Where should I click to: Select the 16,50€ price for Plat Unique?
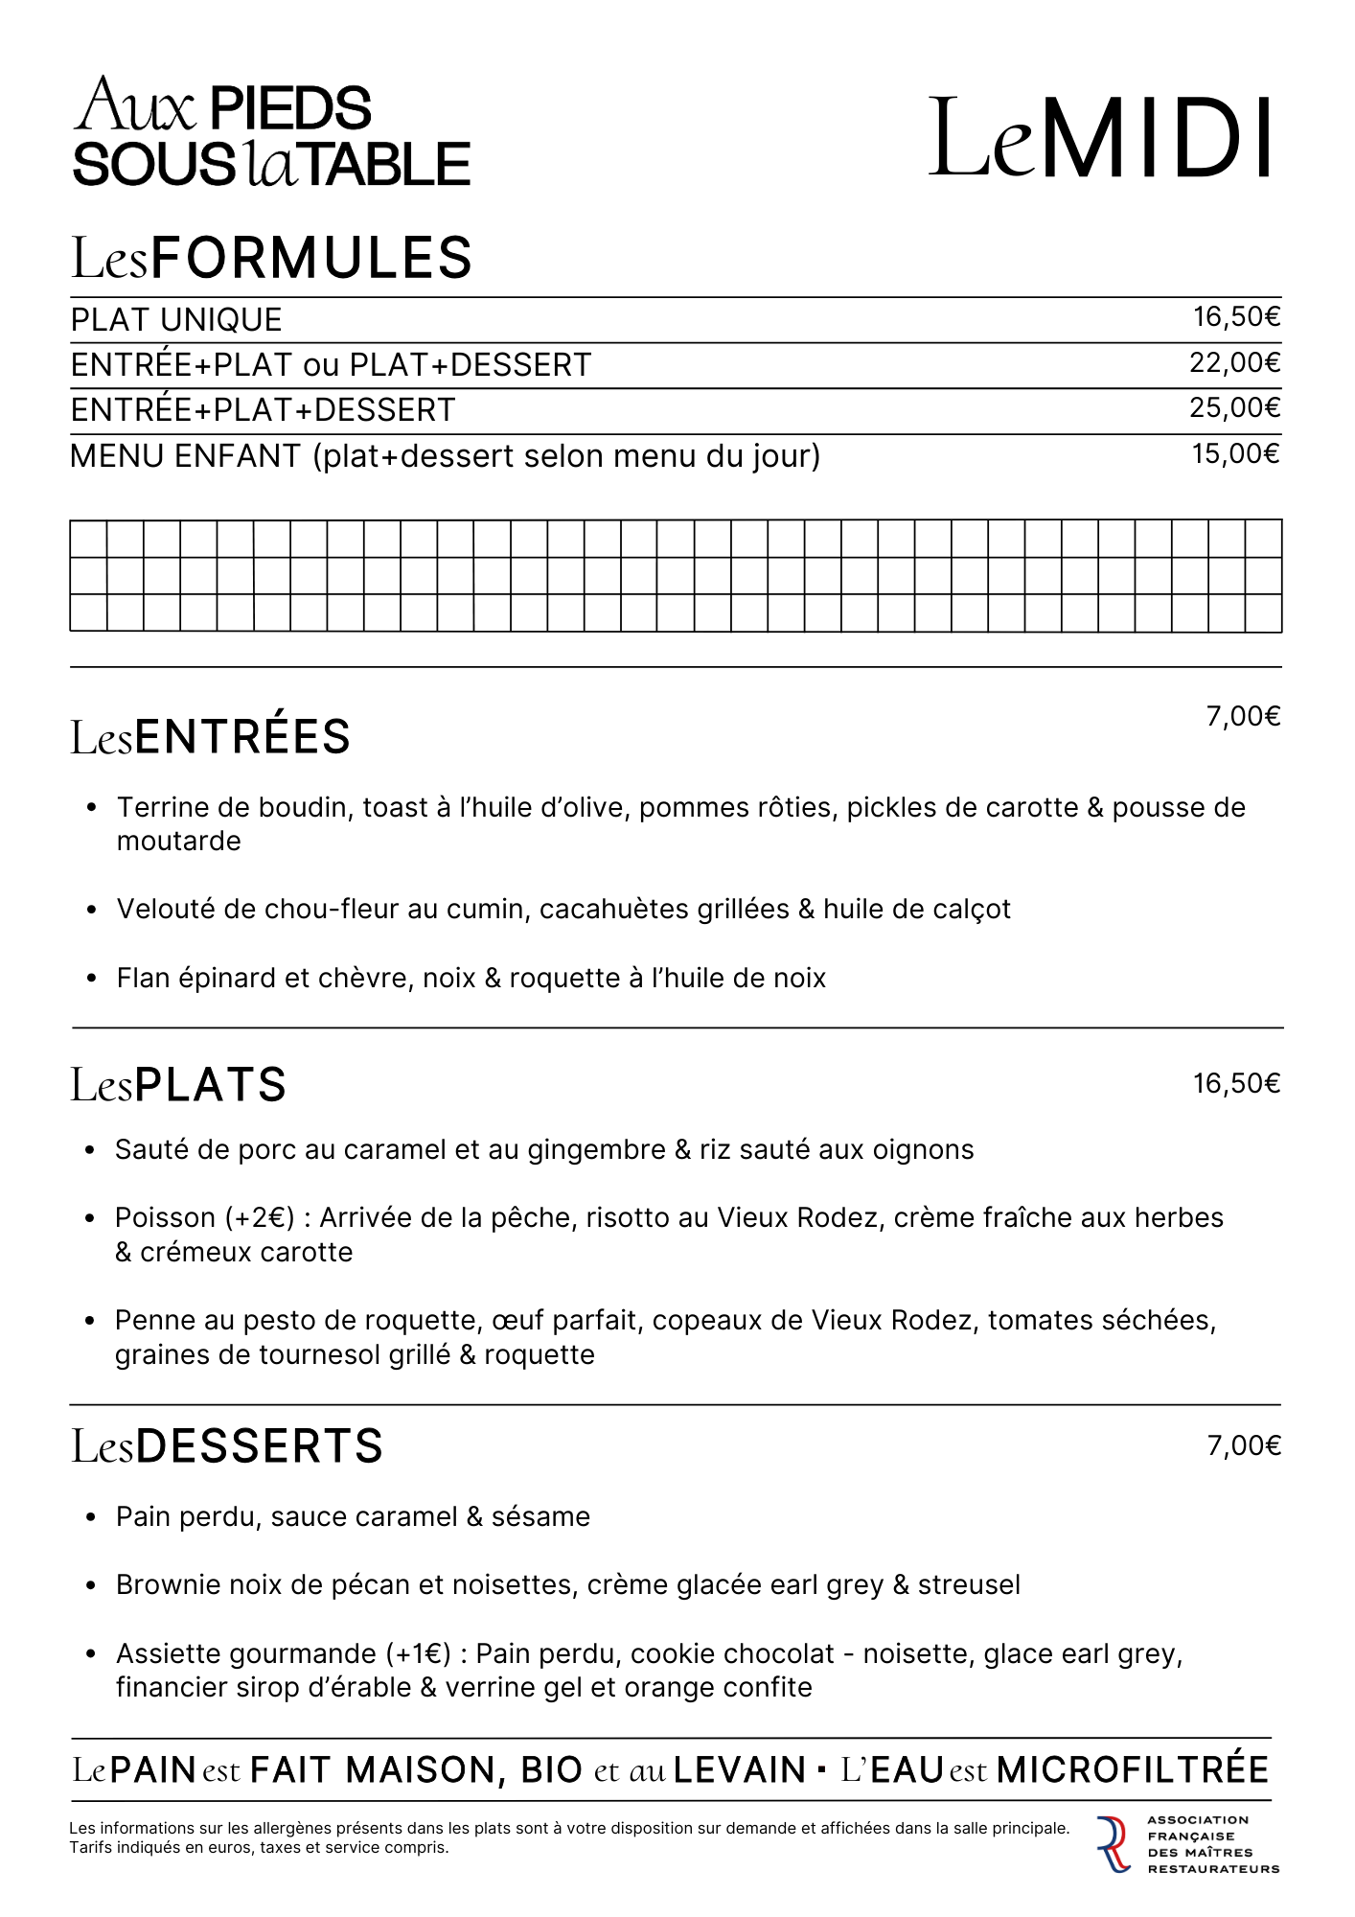1236,317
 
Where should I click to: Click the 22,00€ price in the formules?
1234,363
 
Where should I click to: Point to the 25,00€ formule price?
1234,408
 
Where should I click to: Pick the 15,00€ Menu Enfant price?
1235,454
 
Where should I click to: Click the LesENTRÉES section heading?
211,737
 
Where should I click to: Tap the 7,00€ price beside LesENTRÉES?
1243,717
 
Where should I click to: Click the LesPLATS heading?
179,1085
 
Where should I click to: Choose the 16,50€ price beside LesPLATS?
1236,1084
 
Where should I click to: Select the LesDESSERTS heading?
227,1446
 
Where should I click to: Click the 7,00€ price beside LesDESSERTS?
1244,1446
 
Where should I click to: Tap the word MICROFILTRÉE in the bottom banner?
1133,1769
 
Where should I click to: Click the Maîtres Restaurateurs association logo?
1188,1844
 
